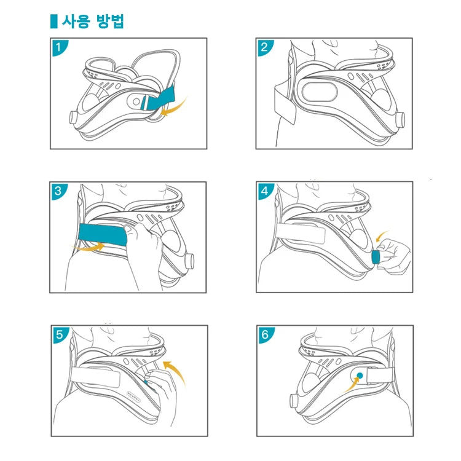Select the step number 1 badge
click(58, 46)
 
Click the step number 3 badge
click(58, 191)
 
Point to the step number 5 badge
click(58, 334)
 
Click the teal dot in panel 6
click(360, 374)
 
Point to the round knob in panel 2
click(401, 118)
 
